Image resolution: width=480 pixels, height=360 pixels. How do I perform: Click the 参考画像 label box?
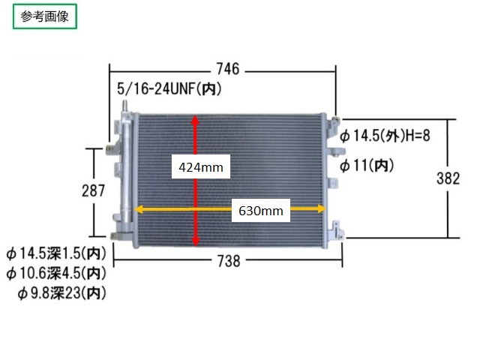(x=45, y=16)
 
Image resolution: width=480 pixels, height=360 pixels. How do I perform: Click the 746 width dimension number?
(x=228, y=69)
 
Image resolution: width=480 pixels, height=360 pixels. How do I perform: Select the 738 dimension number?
(x=229, y=262)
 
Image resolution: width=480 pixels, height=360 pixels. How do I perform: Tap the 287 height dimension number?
(x=93, y=190)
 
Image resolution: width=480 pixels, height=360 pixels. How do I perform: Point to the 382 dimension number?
(x=448, y=178)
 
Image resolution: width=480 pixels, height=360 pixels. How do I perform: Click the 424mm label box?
(x=200, y=166)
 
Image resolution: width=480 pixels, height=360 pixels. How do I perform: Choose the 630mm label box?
(x=260, y=210)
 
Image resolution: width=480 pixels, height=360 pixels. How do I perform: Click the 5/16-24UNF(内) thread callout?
(x=169, y=89)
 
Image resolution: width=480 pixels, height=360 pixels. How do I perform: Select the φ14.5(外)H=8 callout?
(x=385, y=135)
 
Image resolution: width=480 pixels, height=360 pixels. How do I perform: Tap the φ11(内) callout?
(x=367, y=166)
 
